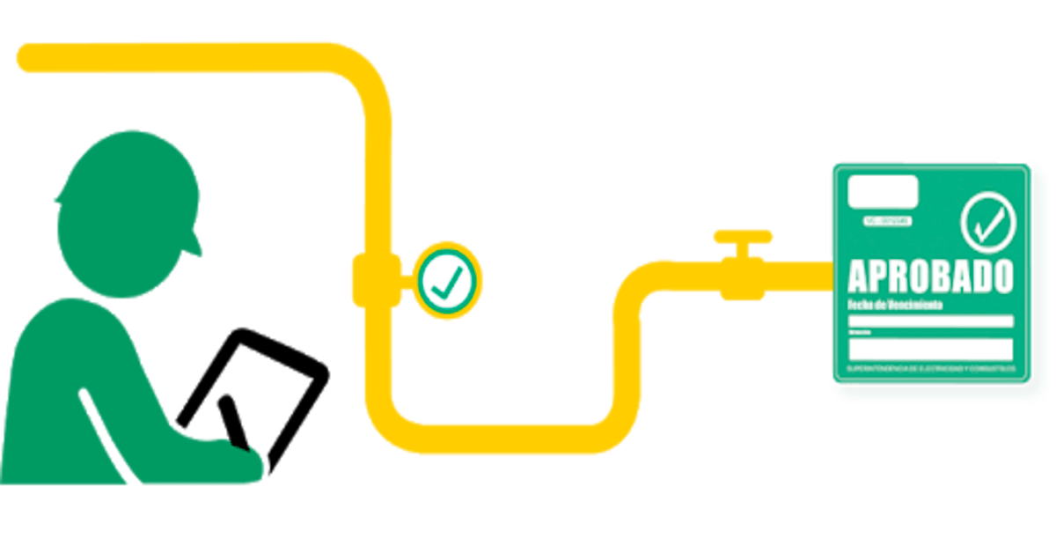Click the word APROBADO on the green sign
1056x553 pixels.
[930, 276]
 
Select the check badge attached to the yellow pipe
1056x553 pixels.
[449, 280]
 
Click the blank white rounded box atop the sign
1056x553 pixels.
[883, 193]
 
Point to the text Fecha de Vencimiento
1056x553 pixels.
[893, 305]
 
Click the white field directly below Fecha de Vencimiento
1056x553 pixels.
[930, 321]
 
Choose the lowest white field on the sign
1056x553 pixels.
[930, 349]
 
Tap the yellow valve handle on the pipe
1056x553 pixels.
[742, 236]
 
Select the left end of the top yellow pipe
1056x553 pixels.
[26, 57]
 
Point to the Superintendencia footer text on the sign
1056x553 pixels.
[930, 366]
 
